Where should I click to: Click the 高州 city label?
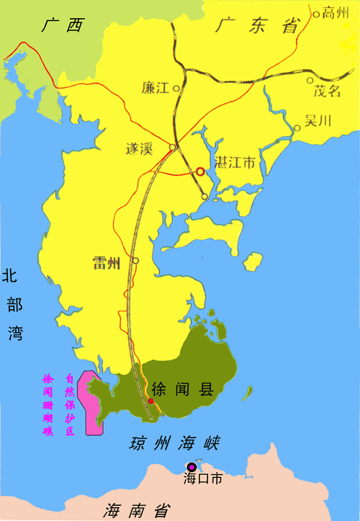coord(335,12)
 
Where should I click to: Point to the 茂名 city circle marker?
coord(310,81)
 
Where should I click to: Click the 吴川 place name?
coord(318,120)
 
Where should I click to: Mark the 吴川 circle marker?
coord(297,128)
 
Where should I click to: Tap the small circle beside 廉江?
coord(176,88)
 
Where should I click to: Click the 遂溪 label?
coord(140,149)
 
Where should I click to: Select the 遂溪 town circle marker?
coord(172,148)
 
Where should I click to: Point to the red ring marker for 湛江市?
coord(201,172)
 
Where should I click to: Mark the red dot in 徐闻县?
coord(150,400)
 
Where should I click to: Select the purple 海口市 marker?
coord(191,467)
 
